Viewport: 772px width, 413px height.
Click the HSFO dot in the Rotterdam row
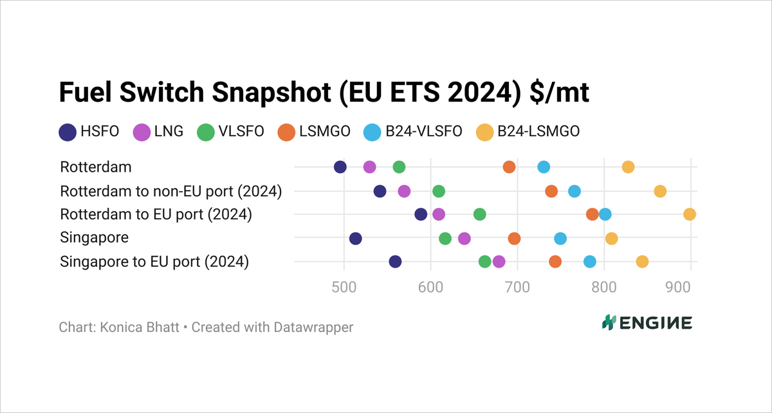pos(340,167)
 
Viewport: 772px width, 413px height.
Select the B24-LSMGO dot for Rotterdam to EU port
pos(690,214)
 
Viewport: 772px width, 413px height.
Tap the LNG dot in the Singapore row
pos(464,239)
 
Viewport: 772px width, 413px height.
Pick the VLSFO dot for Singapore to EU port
pos(485,262)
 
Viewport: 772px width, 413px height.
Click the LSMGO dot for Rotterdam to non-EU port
pos(551,191)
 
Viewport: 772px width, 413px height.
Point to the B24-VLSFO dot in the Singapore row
pos(560,239)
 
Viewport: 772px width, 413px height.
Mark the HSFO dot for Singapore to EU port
pos(396,262)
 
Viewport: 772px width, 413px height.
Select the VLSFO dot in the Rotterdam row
pos(399,167)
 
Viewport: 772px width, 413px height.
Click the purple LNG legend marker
pos(142,132)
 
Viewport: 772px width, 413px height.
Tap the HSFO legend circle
pos(68,132)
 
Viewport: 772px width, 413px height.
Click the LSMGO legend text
pos(324,132)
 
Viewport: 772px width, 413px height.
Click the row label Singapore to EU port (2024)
pos(154,262)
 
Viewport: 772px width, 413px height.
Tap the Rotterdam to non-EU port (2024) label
pos(171,191)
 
